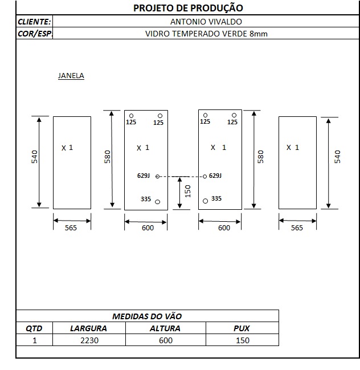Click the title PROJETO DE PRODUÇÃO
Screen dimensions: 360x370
(x=188, y=8)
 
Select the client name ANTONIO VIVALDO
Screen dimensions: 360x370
(x=206, y=22)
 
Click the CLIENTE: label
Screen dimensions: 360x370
(x=34, y=22)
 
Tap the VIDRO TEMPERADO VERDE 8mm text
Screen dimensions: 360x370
(x=206, y=34)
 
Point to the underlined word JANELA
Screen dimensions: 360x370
(x=71, y=76)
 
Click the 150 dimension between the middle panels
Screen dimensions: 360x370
(x=187, y=191)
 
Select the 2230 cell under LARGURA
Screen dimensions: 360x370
(x=89, y=340)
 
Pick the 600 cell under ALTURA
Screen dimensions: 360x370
(x=166, y=340)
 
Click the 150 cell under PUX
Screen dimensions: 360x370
(x=243, y=340)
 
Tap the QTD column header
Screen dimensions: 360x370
(x=34, y=328)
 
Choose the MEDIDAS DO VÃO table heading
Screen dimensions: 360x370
(x=147, y=316)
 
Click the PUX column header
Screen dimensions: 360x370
(x=242, y=328)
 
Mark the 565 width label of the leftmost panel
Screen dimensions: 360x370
(x=71, y=227)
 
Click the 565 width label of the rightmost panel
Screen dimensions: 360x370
(x=297, y=227)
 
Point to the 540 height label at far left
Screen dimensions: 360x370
(x=34, y=157)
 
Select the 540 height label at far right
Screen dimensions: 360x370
(x=338, y=157)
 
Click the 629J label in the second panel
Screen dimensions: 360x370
(x=144, y=176)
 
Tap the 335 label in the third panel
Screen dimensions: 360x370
(x=216, y=198)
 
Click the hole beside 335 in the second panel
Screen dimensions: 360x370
(x=157, y=202)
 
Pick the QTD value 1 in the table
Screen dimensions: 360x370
(x=35, y=340)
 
